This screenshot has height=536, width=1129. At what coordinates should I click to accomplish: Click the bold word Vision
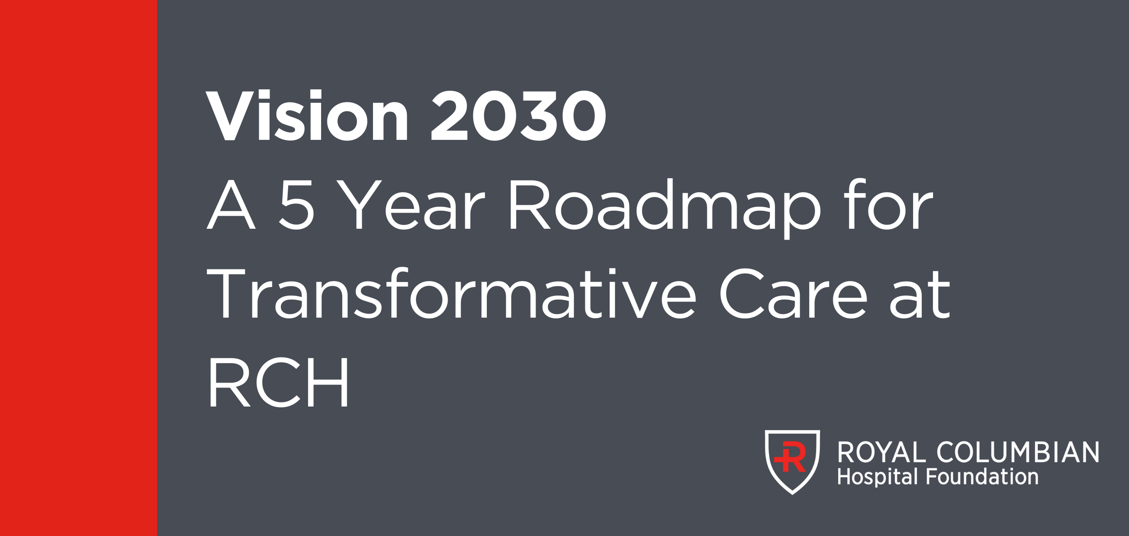point(307,115)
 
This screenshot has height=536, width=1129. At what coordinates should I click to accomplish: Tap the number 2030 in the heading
point(519,116)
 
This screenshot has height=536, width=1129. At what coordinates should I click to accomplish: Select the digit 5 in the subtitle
point(296,205)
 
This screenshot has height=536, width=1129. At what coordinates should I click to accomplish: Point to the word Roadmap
point(665,208)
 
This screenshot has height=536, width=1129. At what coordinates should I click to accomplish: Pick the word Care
point(793,294)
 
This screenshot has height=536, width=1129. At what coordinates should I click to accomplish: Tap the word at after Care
point(920,295)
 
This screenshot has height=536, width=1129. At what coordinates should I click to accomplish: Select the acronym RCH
point(280,383)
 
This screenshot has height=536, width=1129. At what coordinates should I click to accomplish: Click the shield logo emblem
point(793,462)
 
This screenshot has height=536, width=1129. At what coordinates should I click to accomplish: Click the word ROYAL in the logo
point(882,452)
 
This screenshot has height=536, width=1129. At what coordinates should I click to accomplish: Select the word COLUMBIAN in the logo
point(1018,452)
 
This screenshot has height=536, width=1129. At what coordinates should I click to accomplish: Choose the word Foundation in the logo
point(982,476)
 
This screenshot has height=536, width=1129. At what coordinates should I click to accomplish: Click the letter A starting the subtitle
point(231,204)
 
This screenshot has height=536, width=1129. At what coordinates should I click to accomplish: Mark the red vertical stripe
point(79,268)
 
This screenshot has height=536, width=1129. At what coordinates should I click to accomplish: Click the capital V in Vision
point(230,116)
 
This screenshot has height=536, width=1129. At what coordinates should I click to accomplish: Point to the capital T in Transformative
point(226,294)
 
